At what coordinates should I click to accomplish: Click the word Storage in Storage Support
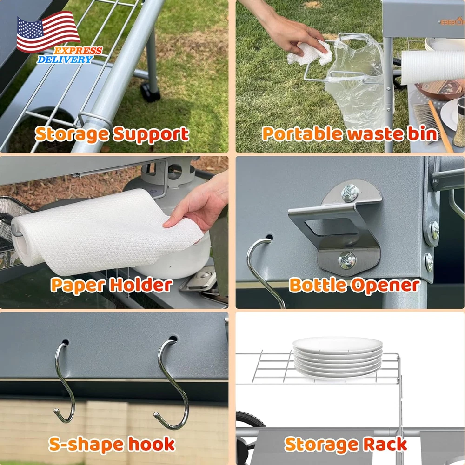pos(72,134)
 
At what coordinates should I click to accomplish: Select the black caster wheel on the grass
pos(150,92)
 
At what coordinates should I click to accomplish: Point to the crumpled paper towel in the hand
pos(310,53)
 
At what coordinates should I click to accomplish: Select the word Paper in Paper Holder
pos(78,286)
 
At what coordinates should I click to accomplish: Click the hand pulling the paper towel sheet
pos(199,205)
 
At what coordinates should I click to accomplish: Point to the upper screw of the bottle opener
pos(350,193)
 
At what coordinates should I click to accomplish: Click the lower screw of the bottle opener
pos(347,260)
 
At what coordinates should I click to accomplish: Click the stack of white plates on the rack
pos(338,358)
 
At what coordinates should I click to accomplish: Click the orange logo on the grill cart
pos(451,21)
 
